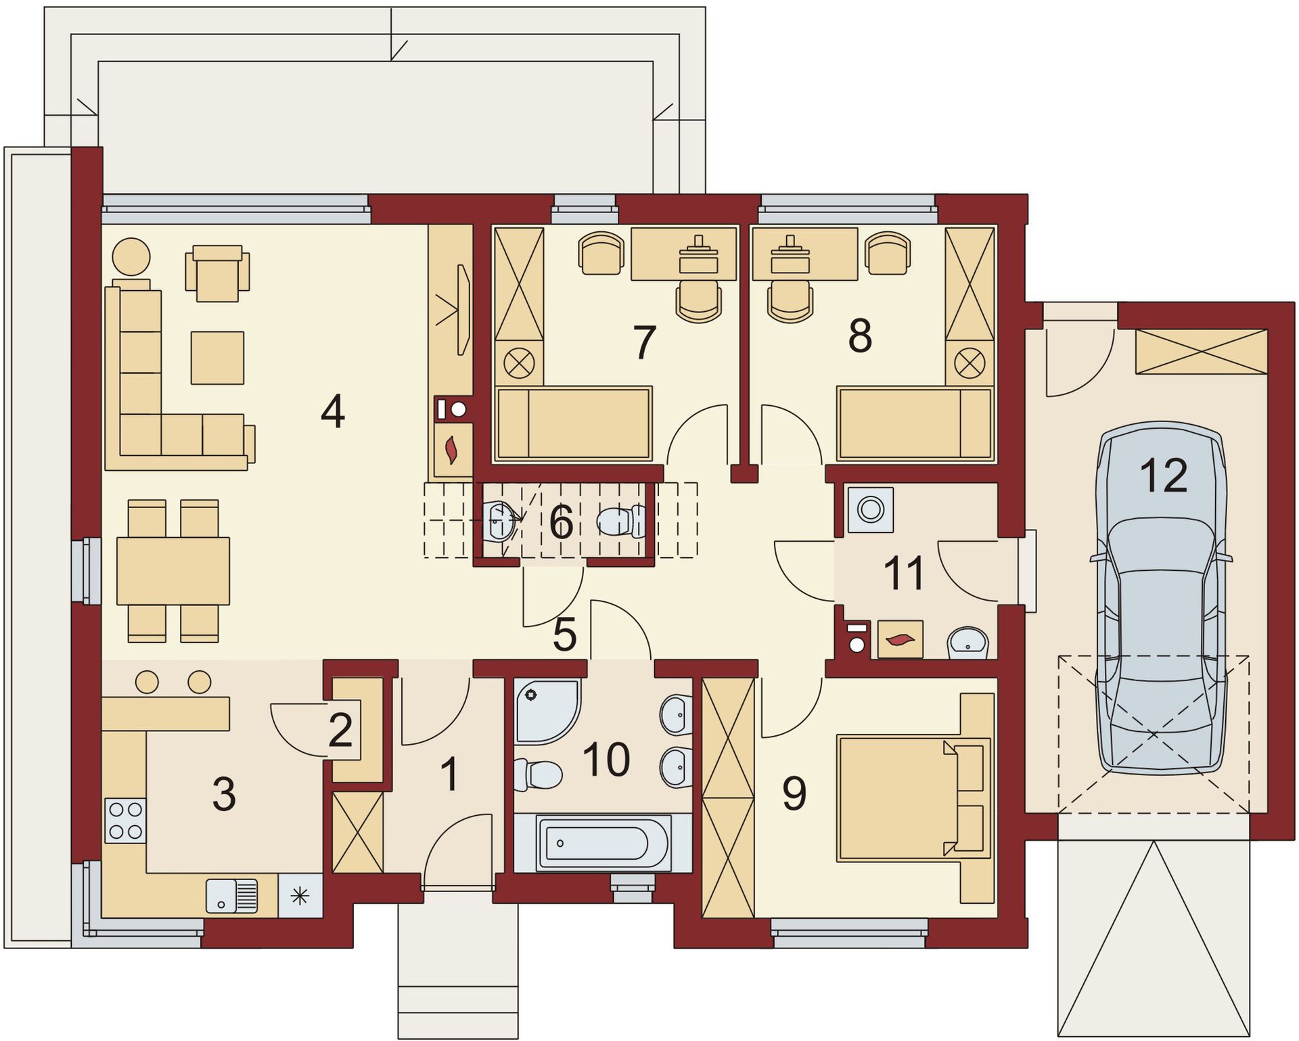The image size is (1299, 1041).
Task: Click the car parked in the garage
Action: (x=1162, y=599)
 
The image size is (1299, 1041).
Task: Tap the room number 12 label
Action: (x=1164, y=476)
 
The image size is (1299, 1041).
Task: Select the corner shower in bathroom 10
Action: (x=547, y=712)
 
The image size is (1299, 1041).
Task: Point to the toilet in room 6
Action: (x=621, y=522)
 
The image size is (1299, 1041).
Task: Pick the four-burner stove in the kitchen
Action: (x=125, y=820)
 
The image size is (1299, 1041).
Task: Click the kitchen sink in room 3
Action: (x=232, y=896)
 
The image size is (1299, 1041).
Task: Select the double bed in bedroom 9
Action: (x=913, y=798)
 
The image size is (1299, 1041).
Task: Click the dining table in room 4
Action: (x=173, y=571)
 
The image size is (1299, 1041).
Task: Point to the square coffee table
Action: (x=217, y=358)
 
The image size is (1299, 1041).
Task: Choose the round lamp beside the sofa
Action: (x=131, y=257)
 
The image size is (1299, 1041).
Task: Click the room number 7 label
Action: (x=644, y=342)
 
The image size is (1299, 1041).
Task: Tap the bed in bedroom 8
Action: (x=914, y=424)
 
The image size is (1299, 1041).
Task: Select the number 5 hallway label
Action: (x=565, y=634)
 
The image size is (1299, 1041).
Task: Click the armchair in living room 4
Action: (x=217, y=273)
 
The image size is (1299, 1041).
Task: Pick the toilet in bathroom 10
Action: (x=539, y=774)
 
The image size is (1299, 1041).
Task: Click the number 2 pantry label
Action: (x=340, y=730)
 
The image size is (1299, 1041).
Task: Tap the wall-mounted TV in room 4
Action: (x=463, y=309)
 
